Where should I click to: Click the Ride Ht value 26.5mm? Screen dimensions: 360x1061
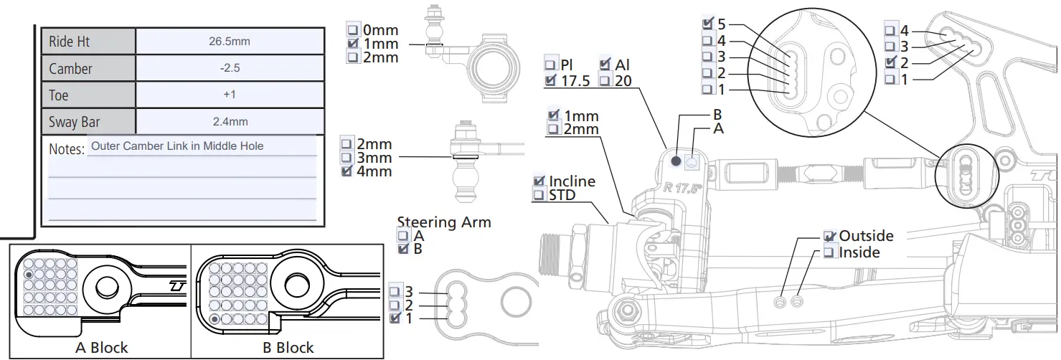(x=229, y=42)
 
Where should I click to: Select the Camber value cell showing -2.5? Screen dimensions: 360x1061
(x=229, y=69)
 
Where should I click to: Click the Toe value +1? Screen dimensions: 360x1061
(x=229, y=95)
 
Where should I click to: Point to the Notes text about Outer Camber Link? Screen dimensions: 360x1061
(x=177, y=146)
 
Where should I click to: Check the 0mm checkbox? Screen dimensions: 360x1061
(x=353, y=30)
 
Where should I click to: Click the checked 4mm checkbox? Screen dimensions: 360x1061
(x=347, y=171)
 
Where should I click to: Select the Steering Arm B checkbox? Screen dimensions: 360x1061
(x=403, y=249)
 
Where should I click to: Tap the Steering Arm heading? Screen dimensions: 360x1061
(x=443, y=222)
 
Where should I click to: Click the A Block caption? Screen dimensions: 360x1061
(x=101, y=349)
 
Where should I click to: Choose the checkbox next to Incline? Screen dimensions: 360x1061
(x=539, y=181)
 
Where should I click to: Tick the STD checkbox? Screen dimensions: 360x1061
(x=539, y=195)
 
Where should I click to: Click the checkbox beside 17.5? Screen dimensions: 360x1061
(x=551, y=81)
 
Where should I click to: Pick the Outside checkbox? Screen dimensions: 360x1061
(x=830, y=236)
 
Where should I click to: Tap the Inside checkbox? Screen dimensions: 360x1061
(x=830, y=252)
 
